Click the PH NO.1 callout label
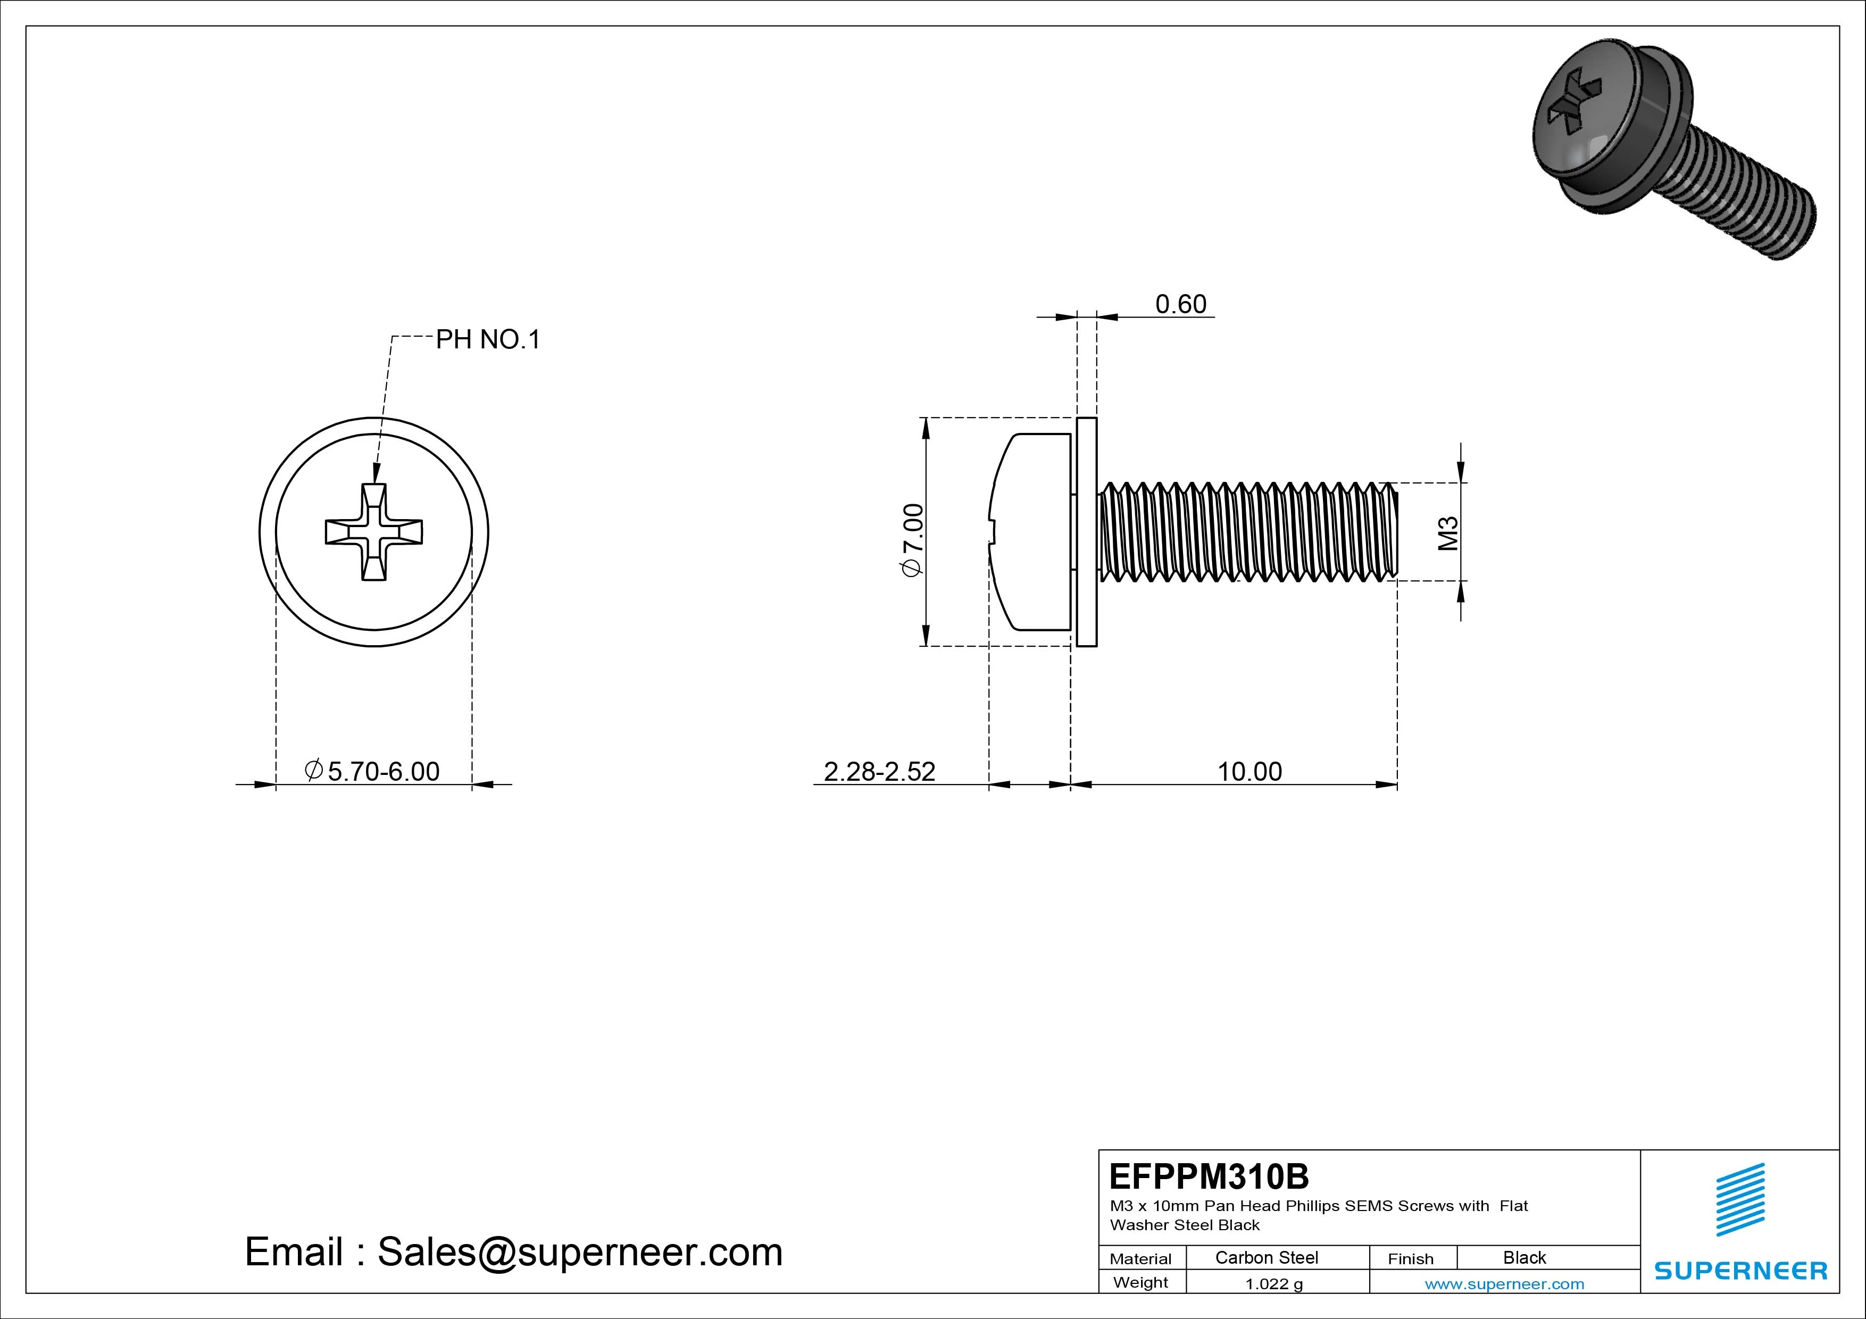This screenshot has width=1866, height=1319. pos(488,340)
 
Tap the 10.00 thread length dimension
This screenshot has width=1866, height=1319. pos(1249,771)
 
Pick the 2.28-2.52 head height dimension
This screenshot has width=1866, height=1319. pos(879,771)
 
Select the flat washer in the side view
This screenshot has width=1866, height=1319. pos(1087,532)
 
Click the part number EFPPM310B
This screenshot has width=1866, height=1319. pos(1209,1176)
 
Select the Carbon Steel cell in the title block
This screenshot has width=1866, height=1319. pos(1266,1257)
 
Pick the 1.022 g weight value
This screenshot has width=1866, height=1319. pos(1273,1284)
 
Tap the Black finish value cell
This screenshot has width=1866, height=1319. pos(1524,1257)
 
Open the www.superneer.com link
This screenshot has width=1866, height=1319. pos(1504,1284)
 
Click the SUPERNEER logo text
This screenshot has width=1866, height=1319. pos(1740,1270)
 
